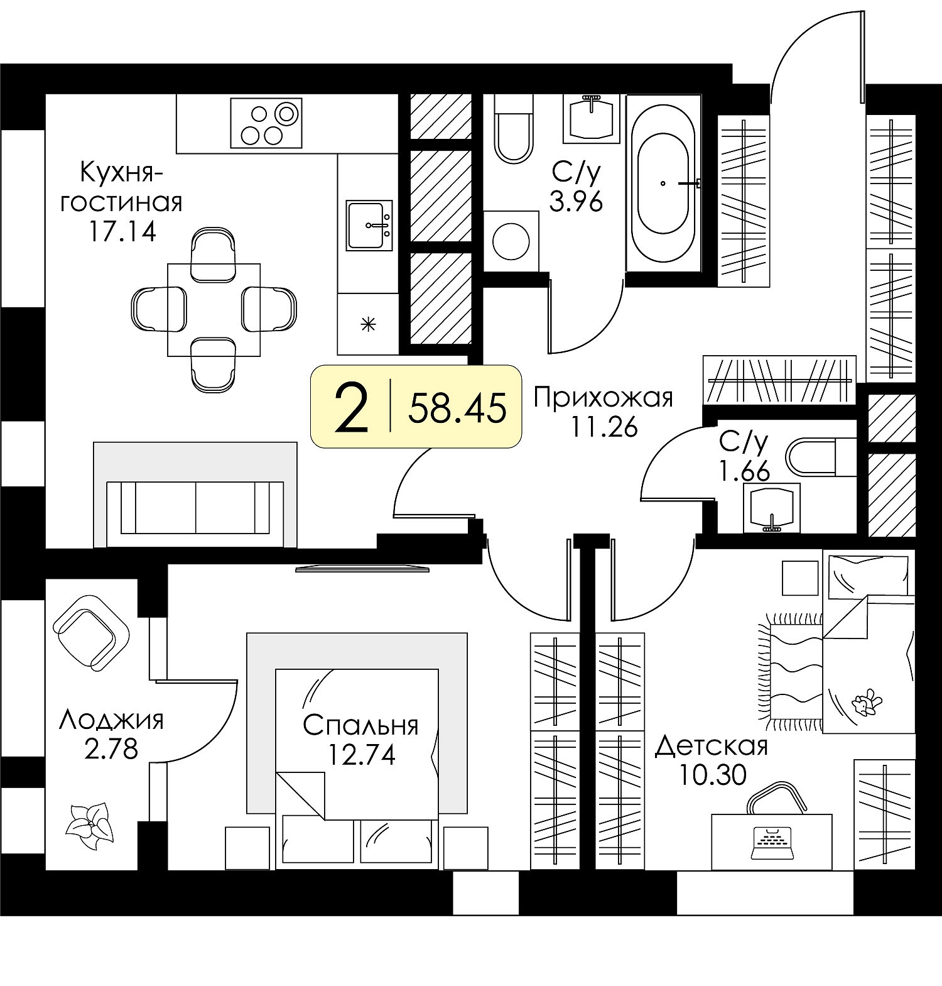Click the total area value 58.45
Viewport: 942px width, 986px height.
coord(457,407)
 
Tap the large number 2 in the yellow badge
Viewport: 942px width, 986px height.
coord(352,407)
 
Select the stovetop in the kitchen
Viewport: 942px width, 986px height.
coord(266,123)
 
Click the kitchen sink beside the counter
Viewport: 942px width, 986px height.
coord(369,225)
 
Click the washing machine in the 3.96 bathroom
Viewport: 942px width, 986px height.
coord(511,241)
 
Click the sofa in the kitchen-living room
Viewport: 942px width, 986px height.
coord(195,495)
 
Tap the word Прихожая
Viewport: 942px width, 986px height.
coord(603,398)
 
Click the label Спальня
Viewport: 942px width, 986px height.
coord(360,725)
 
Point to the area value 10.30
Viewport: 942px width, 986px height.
coord(712,775)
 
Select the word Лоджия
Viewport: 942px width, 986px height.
coord(111,720)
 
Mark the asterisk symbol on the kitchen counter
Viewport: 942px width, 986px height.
coord(368,325)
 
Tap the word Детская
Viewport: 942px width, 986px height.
coord(712,747)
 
